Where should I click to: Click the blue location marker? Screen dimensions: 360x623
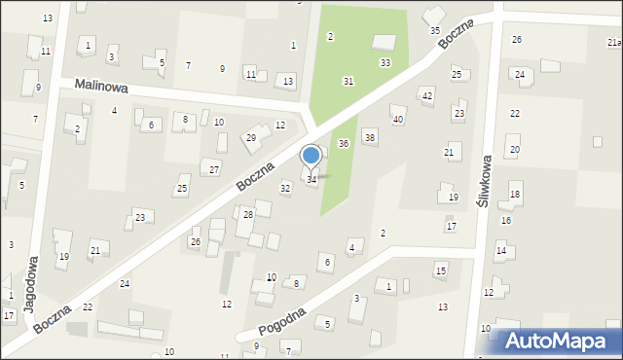pyautogui.click(x=311, y=156)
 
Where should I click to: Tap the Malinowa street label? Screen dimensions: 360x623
pyautogui.click(x=102, y=86)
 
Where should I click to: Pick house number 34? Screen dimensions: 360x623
pyautogui.click(x=311, y=179)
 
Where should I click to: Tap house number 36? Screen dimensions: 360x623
pyautogui.click(x=344, y=143)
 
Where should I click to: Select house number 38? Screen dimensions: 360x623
pyautogui.click(x=370, y=137)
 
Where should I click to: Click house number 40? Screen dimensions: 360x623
pyautogui.click(x=397, y=119)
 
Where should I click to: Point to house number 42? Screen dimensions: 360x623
pyautogui.click(x=426, y=94)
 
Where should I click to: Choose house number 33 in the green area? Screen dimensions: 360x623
pyautogui.click(x=385, y=62)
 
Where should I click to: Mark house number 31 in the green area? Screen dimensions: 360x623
pyautogui.click(x=348, y=81)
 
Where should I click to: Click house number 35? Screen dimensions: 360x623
pyautogui.click(x=435, y=30)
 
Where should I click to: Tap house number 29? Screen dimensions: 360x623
pyautogui.click(x=250, y=138)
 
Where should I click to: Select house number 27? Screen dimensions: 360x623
pyautogui.click(x=214, y=169)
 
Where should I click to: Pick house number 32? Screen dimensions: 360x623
pyautogui.click(x=285, y=187)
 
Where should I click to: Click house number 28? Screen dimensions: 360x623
pyautogui.click(x=248, y=214)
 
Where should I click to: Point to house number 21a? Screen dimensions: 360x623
pyautogui.click(x=613, y=43)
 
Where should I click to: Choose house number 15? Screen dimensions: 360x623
pyautogui.click(x=441, y=270)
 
